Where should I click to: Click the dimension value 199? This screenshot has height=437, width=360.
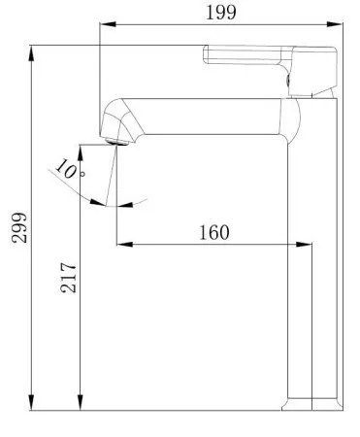219,12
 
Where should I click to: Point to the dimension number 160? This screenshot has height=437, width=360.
213,232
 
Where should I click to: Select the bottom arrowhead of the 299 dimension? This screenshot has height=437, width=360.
34,405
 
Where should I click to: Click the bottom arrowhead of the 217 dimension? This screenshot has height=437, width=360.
82,405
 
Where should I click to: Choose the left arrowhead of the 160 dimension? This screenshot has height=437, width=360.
121,244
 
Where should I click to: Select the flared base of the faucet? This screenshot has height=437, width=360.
313,403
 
